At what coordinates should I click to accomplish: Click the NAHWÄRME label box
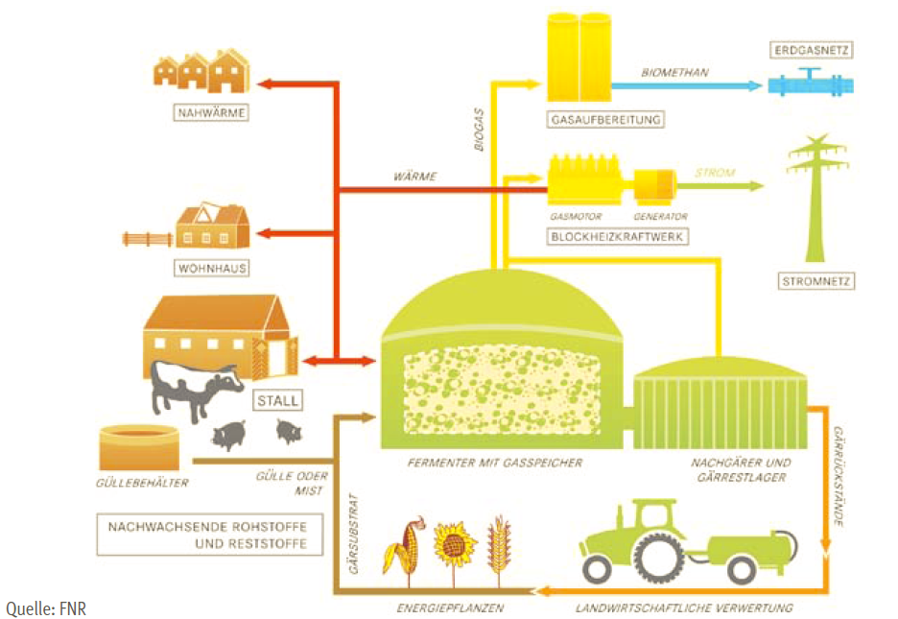[211, 113]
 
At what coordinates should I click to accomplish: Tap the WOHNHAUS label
[211, 268]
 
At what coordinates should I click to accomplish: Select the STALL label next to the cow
[276, 400]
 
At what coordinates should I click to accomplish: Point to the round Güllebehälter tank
[138, 447]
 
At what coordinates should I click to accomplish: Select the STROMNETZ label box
[816, 281]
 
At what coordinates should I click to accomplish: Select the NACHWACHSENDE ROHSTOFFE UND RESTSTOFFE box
[207, 535]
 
